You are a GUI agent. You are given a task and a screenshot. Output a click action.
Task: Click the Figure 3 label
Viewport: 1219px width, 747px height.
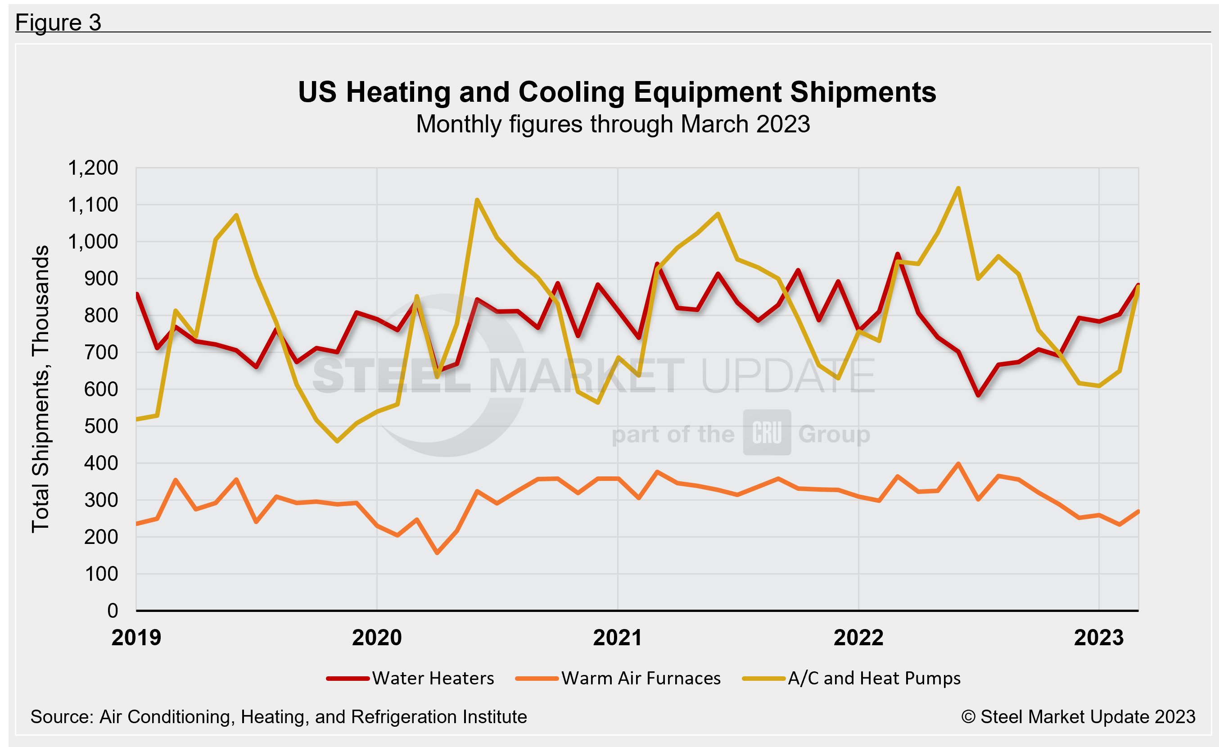point(58,22)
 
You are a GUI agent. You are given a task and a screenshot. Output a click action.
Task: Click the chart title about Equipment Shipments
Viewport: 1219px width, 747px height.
point(616,92)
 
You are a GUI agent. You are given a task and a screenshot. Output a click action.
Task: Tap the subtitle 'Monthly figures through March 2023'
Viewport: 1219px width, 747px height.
point(613,124)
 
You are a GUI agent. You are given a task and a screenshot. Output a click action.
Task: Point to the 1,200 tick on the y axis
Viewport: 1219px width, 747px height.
point(93,168)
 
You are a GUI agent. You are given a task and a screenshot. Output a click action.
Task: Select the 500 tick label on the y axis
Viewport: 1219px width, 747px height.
point(101,426)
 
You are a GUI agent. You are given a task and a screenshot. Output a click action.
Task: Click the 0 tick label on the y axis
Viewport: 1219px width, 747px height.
point(113,611)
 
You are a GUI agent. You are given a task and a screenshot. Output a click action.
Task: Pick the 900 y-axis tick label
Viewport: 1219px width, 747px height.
point(101,279)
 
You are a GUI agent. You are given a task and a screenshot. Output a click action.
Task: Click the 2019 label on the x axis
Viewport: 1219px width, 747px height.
point(136,638)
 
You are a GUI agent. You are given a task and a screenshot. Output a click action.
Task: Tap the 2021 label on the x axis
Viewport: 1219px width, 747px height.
point(618,638)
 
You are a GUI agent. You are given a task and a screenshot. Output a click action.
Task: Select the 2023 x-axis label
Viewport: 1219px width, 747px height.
point(1099,638)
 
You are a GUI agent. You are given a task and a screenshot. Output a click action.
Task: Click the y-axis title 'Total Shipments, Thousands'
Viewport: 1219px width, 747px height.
point(41,389)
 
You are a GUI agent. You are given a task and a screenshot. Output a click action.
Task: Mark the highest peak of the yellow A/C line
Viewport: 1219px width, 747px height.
point(958,189)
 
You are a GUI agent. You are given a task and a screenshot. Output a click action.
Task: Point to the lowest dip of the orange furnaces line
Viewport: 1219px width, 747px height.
point(437,552)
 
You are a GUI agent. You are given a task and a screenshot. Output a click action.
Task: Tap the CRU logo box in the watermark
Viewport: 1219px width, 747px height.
point(767,433)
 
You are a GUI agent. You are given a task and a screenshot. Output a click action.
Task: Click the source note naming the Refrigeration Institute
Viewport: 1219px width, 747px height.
point(279,717)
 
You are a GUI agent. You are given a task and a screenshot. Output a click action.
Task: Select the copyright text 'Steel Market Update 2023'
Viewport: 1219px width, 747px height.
point(1079,717)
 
